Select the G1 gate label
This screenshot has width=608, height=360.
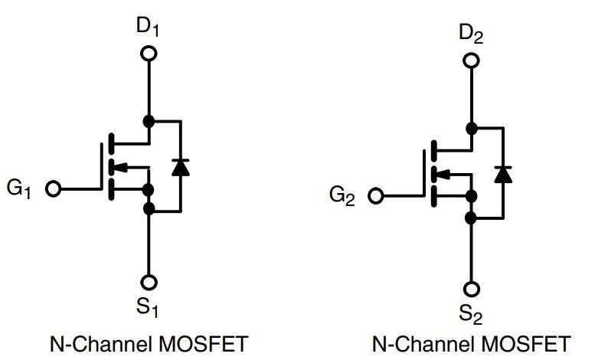click(20, 188)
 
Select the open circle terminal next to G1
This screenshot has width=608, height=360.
click(53, 188)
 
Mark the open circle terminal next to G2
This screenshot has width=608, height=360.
click(375, 195)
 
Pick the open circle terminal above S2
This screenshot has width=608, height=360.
click(472, 288)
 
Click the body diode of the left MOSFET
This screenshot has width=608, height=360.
click(181, 166)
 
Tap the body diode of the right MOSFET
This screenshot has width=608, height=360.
click(503, 173)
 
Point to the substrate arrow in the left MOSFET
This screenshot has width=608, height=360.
click(120, 166)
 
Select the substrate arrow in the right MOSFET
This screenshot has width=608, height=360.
click(443, 173)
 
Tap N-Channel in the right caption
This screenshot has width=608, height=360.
click(411, 342)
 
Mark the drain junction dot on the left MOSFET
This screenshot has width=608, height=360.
click(149, 121)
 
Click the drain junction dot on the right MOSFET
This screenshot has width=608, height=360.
click(472, 127)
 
